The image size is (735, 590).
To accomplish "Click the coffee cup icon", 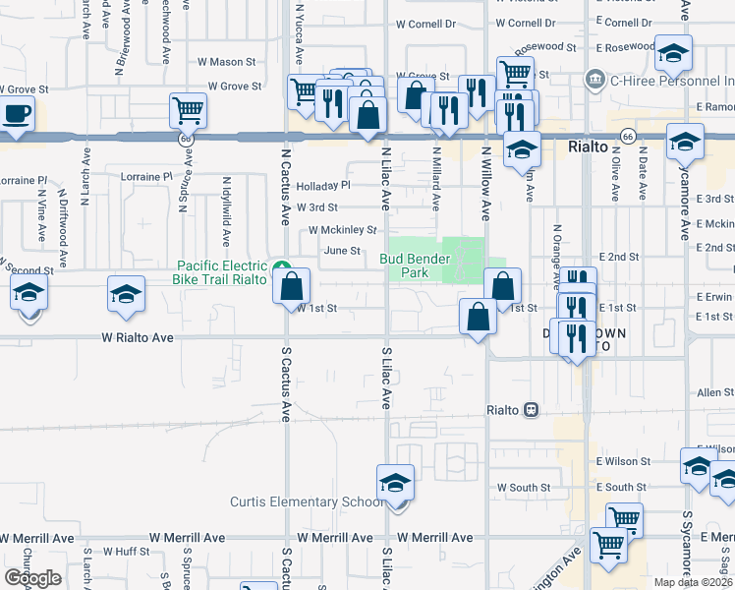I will [17, 113].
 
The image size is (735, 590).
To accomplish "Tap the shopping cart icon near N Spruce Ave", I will [187, 110].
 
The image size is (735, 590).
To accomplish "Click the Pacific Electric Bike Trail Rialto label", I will [221, 272].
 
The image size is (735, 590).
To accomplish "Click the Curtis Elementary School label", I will [306, 502].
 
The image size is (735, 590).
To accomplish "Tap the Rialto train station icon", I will [532, 408].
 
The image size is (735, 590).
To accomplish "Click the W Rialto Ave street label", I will [138, 337].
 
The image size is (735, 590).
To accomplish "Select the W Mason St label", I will [226, 62].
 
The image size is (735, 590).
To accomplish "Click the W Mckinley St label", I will [342, 230].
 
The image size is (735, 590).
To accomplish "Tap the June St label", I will [342, 251].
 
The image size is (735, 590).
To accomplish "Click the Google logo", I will [32, 578].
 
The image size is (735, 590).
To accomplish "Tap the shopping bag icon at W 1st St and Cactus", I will [293, 287].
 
